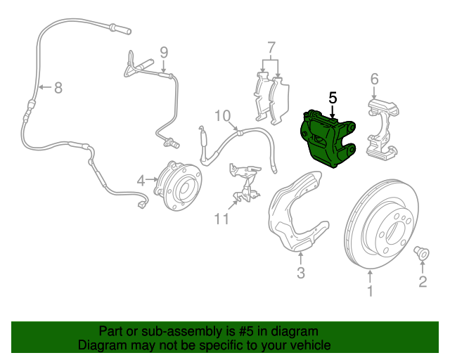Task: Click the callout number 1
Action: (371, 289)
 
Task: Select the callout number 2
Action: (423, 283)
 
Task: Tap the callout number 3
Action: (300, 273)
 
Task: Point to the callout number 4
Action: (141, 181)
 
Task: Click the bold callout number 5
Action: (333, 98)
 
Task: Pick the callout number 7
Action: (271, 49)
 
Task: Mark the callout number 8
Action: (58, 88)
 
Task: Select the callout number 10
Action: (222, 116)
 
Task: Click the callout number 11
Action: (222, 219)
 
